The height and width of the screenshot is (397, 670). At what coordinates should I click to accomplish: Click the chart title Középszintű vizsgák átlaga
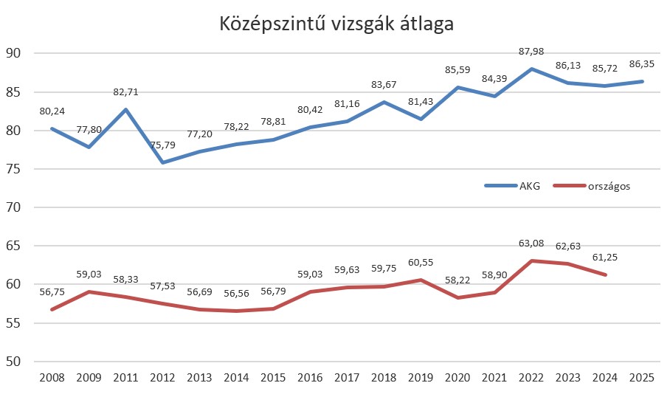click(336, 24)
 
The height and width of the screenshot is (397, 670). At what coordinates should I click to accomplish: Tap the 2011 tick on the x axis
click(125, 378)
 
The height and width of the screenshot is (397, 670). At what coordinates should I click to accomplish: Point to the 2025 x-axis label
click(642, 378)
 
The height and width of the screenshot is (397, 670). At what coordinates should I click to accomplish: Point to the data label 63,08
click(531, 245)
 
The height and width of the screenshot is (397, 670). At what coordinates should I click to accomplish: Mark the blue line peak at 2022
click(531, 69)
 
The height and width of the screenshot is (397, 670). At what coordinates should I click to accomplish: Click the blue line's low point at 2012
click(162, 162)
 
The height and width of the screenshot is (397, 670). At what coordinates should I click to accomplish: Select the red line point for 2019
click(421, 280)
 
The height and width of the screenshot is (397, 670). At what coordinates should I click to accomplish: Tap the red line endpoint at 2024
click(605, 275)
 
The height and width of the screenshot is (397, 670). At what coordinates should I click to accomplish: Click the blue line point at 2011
click(125, 109)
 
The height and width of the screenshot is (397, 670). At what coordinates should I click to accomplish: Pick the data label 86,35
click(641, 63)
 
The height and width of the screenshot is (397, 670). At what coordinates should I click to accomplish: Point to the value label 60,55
click(420, 262)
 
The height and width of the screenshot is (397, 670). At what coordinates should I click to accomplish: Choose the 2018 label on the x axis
click(384, 378)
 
